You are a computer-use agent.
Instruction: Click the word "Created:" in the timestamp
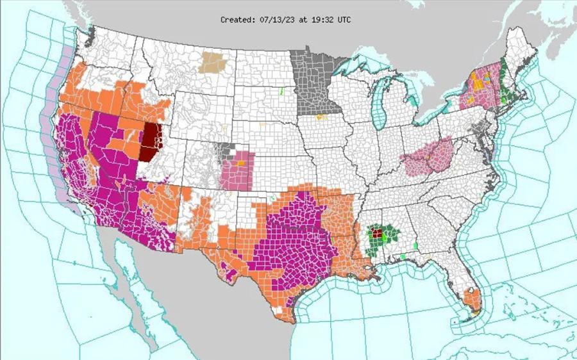point(237,20)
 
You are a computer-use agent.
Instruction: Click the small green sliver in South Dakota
point(281,91)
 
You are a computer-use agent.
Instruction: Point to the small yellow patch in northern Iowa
point(322,117)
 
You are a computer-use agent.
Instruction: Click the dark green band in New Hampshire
point(506,86)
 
